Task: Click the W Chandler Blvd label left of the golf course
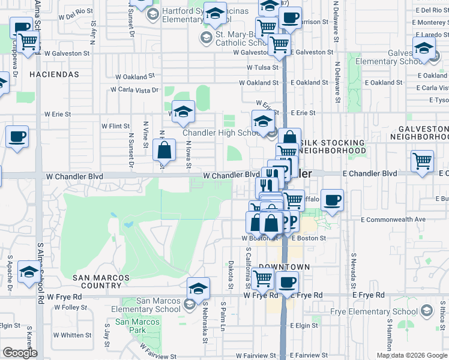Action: pos(74,176)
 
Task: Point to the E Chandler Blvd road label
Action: pos(370,173)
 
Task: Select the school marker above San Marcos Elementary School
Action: pos(198,287)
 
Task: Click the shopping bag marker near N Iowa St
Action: pos(163,150)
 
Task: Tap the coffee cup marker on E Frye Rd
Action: pos(287,281)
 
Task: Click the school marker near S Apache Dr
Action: pos(29,272)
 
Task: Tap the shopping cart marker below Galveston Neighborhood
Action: pos(423,161)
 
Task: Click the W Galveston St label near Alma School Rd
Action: pos(67,53)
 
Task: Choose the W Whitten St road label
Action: pos(72,335)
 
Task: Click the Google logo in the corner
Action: pos(20,353)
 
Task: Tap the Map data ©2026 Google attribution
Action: pos(411,355)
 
